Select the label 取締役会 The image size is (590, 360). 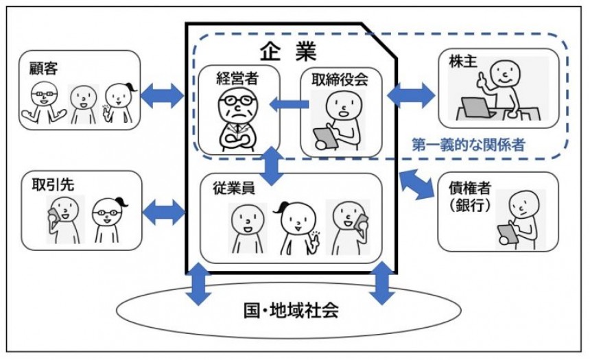click(335, 78)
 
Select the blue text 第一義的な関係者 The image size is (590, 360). click(468, 146)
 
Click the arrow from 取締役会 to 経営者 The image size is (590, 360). click(288, 104)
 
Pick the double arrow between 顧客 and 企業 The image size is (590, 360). click(162, 96)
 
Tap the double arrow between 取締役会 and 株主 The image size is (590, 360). click(411, 95)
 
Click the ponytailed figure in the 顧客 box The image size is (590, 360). click(119, 101)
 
